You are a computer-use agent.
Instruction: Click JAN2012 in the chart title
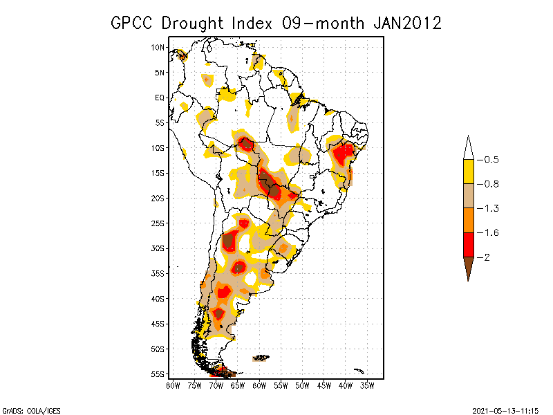coord(406,23)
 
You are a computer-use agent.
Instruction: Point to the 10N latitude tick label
coord(158,47)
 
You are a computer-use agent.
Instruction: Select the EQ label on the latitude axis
coord(160,98)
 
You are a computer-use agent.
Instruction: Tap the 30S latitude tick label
coord(158,248)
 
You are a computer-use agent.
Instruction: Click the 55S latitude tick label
coord(158,374)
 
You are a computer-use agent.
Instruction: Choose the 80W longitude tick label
coord(173,385)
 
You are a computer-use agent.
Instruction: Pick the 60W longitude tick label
coord(259,385)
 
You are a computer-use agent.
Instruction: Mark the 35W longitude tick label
coord(367,385)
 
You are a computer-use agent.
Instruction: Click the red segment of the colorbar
coord(468,244)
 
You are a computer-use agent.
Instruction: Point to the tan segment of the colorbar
coord(468,196)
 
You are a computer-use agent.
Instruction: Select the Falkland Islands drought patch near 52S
coord(261,358)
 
